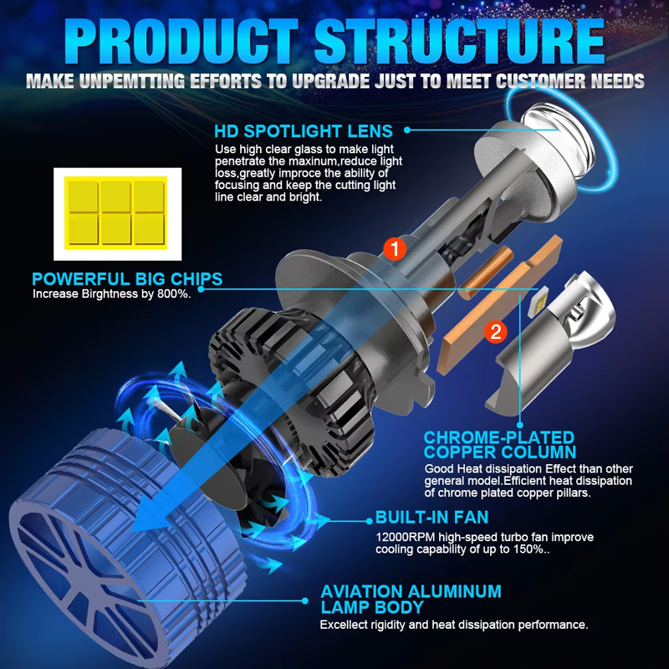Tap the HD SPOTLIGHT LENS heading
tap(303, 131)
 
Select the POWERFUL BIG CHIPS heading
tap(115, 279)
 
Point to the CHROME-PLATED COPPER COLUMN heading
tap(499, 446)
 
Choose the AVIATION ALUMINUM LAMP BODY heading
tap(411, 600)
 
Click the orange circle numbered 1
tap(394, 248)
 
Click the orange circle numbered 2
tap(496, 331)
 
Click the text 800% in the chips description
tap(175, 294)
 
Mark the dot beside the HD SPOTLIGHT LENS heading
tap(408, 130)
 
